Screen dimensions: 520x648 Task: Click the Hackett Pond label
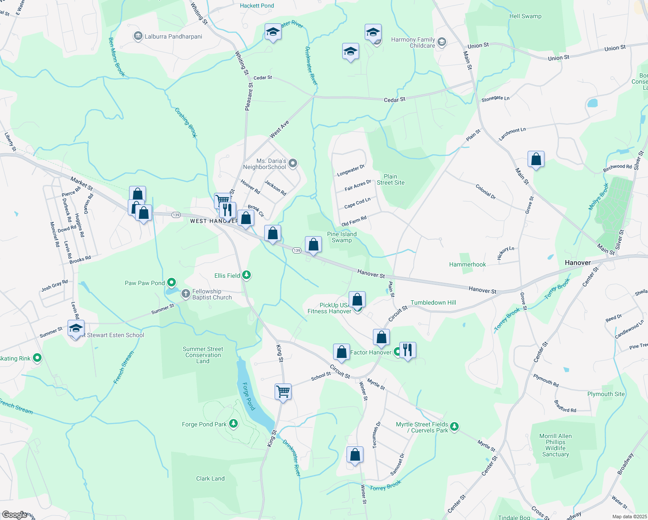[x=257, y=6]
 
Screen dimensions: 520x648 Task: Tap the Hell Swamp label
[x=525, y=16]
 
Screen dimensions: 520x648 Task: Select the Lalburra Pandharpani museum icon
[x=138, y=36]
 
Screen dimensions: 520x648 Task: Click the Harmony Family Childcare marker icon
[x=442, y=42]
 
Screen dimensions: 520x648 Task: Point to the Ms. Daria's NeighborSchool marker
[x=293, y=163]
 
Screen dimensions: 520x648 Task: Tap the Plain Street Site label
[x=390, y=179]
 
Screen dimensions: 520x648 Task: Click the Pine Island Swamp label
[x=342, y=237]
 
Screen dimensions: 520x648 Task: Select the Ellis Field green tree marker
[x=246, y=275]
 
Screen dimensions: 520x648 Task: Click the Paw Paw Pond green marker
[x=172, y=283]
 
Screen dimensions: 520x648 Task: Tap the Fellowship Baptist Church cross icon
[x=186, y=294]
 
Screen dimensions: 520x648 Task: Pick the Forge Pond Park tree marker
[x=233, y=423]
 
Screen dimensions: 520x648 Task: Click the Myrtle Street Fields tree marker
[x=454, y=427]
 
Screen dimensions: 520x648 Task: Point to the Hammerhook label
[x=467, y=264]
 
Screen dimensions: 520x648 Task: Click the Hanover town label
[x=577, y=263]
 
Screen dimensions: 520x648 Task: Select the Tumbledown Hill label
[x=433, y=302]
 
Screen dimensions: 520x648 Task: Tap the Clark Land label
[x=210, y=478]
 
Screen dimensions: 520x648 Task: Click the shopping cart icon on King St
[x=283, y=391]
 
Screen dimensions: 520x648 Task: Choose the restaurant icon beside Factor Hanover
[x=408, y=349]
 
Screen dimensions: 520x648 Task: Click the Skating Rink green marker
[x=37, y=358]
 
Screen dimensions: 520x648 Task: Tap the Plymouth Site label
[x=606, y=394]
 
